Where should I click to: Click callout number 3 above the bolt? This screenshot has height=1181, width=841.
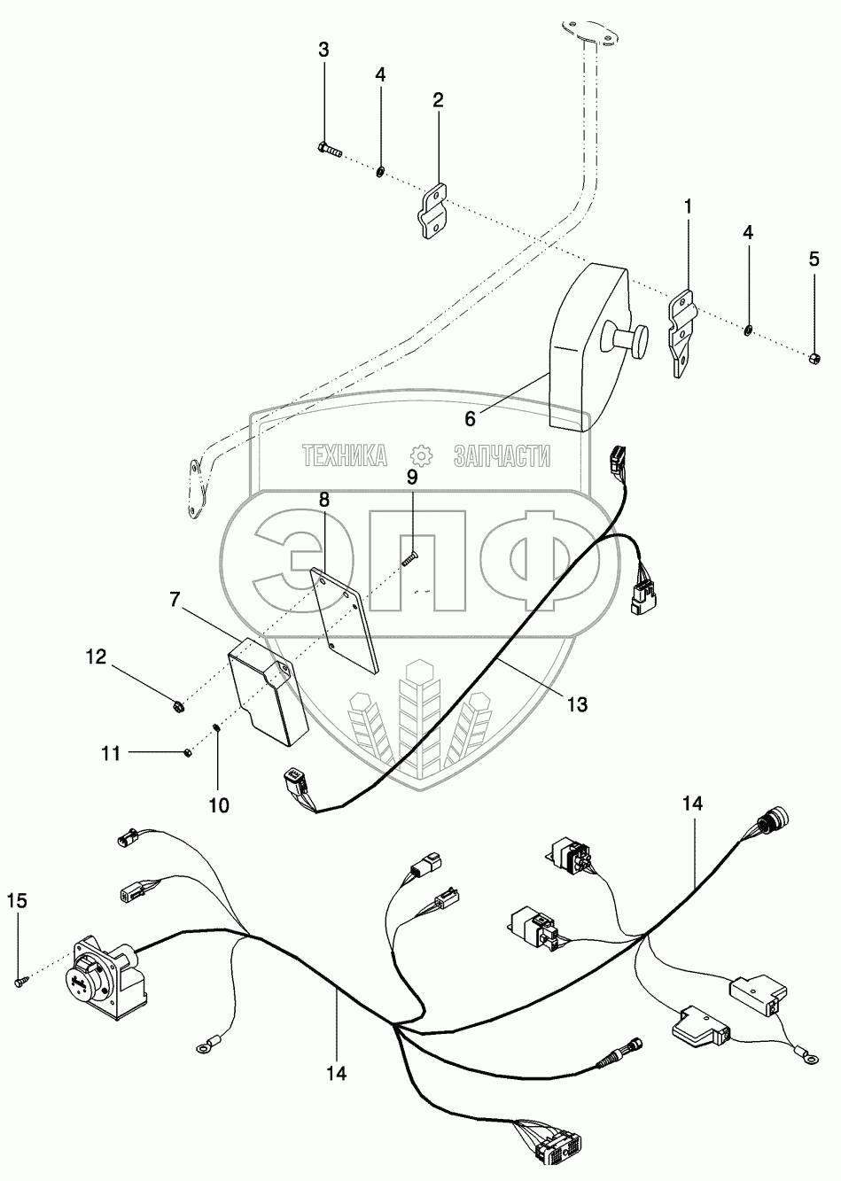click(323, 51)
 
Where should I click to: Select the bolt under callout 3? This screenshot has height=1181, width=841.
click(331, 151)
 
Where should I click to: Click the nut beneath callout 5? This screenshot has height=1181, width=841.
click(814, 360)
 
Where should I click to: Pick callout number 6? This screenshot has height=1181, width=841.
click(470, 419)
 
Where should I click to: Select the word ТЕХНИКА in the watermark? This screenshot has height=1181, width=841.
click(344, 455)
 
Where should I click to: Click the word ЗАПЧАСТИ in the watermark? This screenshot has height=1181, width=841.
click(502, 455)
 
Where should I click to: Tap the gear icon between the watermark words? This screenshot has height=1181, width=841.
click(420, 455)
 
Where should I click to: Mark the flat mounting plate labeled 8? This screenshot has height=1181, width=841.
click(347, 620)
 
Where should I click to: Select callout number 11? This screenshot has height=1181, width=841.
click(111, 754)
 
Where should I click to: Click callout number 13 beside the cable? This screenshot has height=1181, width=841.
click(578, 703)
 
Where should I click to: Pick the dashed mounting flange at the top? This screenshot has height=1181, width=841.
click(589, 34)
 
